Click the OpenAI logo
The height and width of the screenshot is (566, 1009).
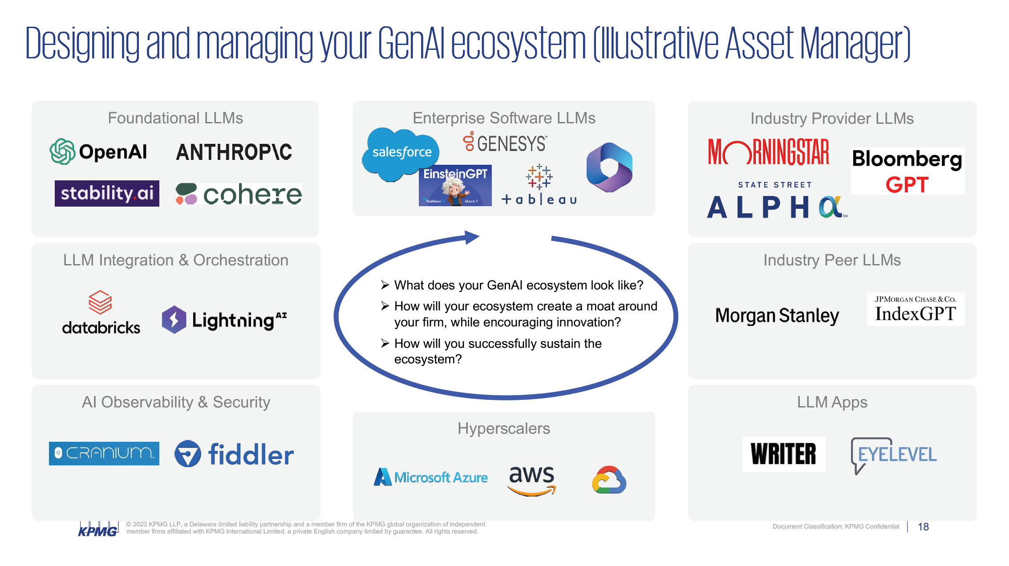[x=98, y=151]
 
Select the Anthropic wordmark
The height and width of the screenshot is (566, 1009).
[x=234, y=152]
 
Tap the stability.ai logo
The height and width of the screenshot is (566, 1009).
[x=107, y=193]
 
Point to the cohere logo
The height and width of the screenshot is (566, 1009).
[x=239, y=194]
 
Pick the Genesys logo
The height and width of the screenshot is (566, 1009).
[x=505, y=143]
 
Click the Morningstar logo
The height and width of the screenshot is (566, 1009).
[x=769, y=151]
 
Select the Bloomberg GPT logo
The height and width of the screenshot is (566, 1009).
[x=908, y=171]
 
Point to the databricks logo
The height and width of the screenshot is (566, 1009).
[x=101, y=313]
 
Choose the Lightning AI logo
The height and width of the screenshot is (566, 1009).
[x=224, y=319]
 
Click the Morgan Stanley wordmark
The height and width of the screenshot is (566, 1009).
[x=777, y=315]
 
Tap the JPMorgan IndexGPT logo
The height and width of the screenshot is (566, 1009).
[x=916, y=309]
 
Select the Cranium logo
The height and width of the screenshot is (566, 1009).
[x=104, y=453]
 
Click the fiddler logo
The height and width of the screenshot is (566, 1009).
[x=234, y=454]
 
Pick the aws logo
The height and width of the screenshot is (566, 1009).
[x=532, y=480]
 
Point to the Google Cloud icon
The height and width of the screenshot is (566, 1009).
[x=609, y=480]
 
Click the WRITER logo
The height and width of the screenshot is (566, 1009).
[x=784, y=454]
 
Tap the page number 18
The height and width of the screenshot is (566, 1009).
[x=923, y=527]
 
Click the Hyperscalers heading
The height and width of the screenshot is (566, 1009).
[x=504, y=428]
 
